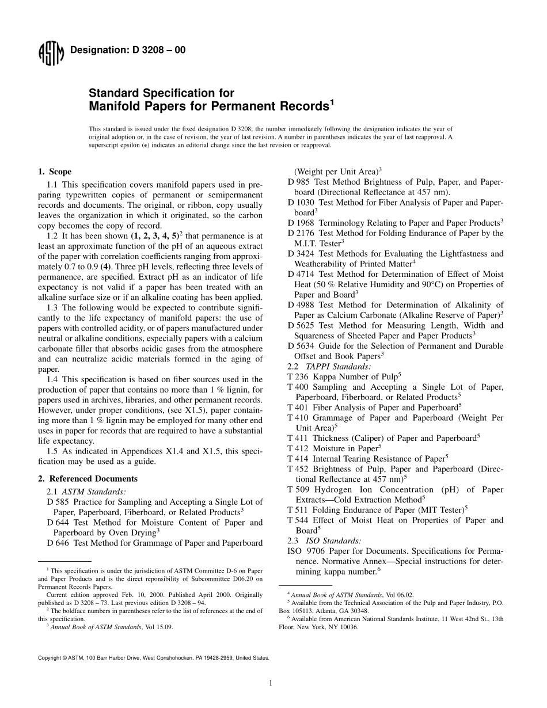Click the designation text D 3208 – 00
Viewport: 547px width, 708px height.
[128, 51]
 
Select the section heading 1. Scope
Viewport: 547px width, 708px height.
[55, 172]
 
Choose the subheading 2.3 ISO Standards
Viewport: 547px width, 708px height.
[324, 540]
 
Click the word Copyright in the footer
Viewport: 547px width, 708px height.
[50, 657]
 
